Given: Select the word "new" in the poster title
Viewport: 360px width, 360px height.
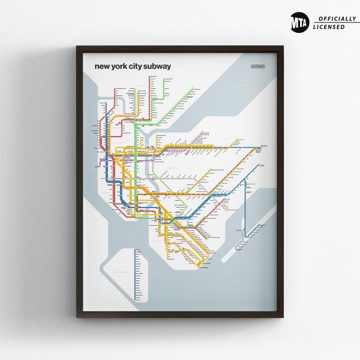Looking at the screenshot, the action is (102, 67).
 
